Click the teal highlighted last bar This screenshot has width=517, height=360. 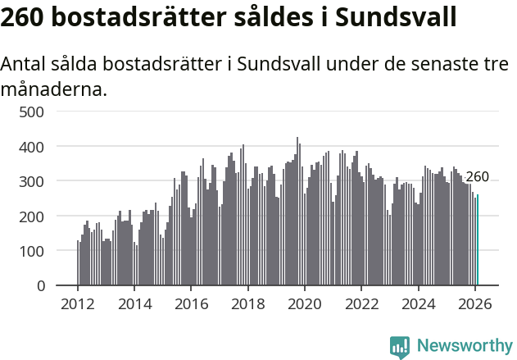[x=478, y=240]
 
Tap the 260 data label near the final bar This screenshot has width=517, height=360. [x=477, y=177]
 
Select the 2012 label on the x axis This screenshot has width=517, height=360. [x=78, y=303]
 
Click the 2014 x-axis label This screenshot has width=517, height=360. [x=134, y=303]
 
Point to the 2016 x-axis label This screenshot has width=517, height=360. [x=191, y=303]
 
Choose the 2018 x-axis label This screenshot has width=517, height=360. [x=248, y=303]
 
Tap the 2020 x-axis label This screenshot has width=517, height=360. [x=305, y=303]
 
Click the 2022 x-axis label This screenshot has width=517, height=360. [x=361, y=303]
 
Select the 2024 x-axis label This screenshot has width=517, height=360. [x=419, y=303]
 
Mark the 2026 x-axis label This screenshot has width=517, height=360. [x=475, y=303]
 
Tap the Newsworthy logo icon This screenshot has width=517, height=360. [x=400, y=347]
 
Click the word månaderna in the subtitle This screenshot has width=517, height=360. [x=54, y=89]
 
